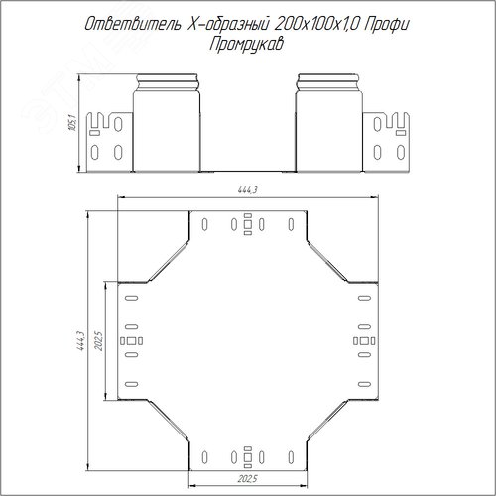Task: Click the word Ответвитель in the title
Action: [x=133, y=24]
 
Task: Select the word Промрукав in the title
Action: [x=246, y=44]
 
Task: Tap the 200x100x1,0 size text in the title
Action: [x=316, y=24]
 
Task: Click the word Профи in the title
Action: [x=387, y=25]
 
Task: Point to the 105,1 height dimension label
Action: [x=72, y=122]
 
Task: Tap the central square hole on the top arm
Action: [x=248, y=224]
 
